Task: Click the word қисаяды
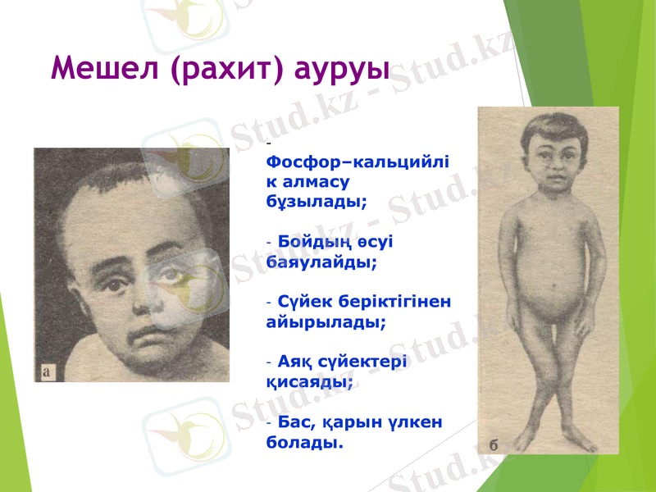click(310, 381)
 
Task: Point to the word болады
click(304, 442)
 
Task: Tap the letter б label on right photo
click(494, 444)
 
